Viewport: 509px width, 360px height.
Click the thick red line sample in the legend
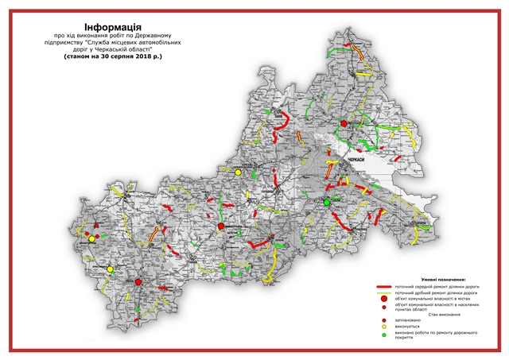pos(387,286)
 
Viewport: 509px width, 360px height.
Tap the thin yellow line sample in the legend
pos(387,293)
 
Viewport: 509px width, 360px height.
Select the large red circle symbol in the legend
pos(385,300)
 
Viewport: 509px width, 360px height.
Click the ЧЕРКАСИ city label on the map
pos(356,160)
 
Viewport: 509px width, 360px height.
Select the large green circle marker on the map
pos(326,203)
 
